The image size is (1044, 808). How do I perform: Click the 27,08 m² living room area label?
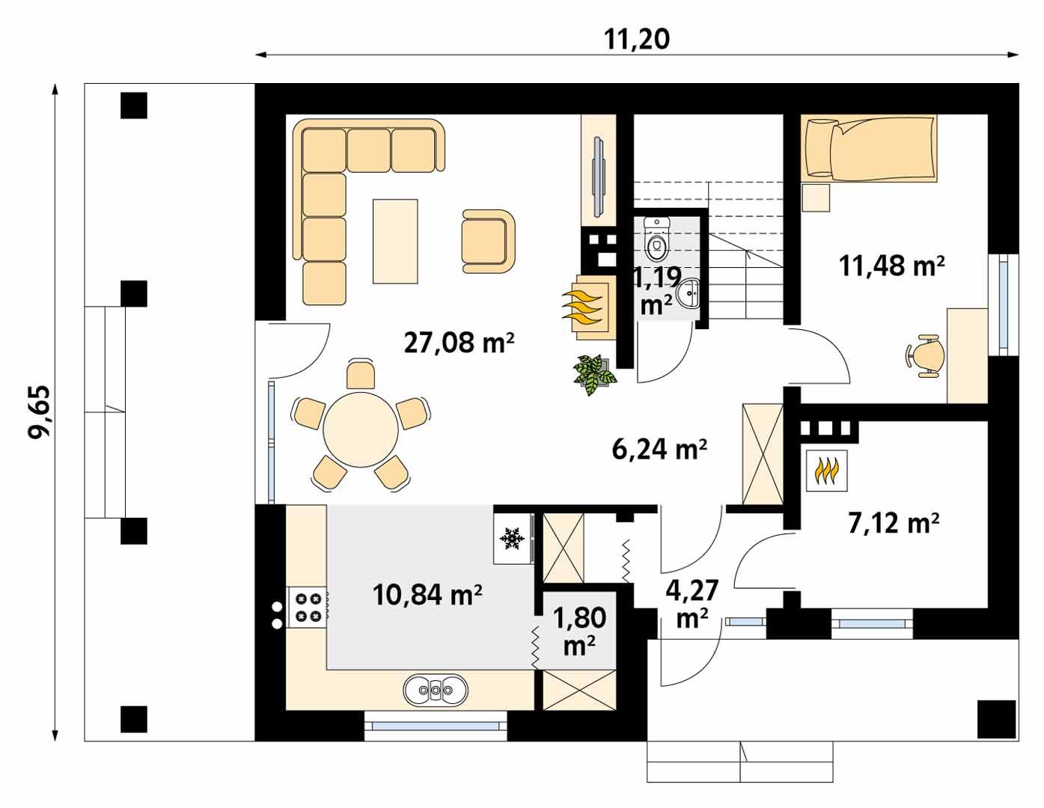click(x=459, y=343)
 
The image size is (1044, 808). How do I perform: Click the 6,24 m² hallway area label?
click(x=659, y=449)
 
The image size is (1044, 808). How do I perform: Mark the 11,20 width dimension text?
click(x=637, y=40)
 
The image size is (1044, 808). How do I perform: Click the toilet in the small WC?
click(x=657, y=239)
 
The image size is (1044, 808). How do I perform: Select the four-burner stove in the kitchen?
click(x=308, y=606)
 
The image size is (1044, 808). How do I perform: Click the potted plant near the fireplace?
click(x=595, y=372)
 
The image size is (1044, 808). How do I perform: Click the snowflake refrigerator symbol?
click(x=512, y=538)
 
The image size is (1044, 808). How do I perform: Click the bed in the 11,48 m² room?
click(x=868, y=148)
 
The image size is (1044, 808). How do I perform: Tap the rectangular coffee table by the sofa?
click(x=395, y=241)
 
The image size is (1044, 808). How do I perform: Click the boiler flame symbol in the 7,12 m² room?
click(x=826, y=471)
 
